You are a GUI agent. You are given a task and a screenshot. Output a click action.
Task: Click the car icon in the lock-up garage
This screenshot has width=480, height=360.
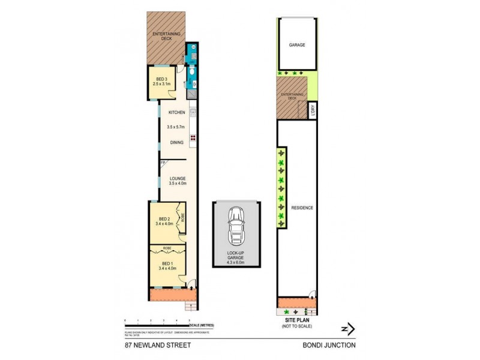236,227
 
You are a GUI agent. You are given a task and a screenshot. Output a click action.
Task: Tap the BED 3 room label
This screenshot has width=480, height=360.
161,79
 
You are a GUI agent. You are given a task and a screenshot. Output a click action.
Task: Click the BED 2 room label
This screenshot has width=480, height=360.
164,218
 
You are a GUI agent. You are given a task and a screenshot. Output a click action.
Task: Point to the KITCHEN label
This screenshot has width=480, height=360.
176,113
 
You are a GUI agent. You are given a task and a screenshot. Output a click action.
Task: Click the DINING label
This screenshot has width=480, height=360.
176,142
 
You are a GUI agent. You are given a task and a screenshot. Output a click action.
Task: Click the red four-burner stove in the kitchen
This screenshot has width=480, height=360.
193,138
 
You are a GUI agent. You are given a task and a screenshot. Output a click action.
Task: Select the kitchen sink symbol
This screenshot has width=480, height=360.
193,112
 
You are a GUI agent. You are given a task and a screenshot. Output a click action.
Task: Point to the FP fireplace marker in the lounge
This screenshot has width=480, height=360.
162,163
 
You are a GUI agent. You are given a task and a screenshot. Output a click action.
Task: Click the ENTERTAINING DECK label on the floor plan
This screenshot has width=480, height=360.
166,37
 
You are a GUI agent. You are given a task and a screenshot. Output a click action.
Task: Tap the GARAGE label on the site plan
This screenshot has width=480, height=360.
297,45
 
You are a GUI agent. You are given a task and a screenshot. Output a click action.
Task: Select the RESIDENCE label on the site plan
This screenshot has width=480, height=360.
302,208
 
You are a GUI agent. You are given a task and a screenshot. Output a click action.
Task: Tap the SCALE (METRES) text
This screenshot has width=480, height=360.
201,325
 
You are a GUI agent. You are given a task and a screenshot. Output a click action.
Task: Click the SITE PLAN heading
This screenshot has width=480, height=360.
297,322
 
